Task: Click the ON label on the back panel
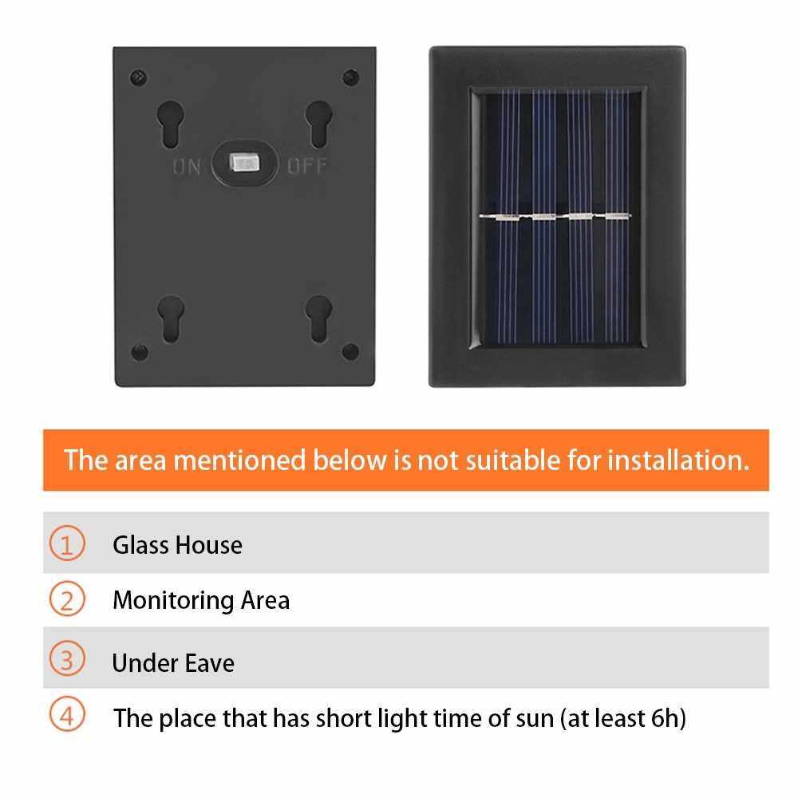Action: [187, 167]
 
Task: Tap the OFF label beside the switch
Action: [307, 166]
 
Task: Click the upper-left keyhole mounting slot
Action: [171, 124]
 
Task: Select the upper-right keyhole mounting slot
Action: [319, 124]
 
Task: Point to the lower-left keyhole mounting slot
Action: [171, 319]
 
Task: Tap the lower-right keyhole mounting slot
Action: [318, 319]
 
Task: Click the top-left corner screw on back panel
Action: [138, 78]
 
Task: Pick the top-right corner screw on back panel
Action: [350, 78]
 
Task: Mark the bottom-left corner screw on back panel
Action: [140, 352]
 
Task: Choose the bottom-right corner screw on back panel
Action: [350, 351]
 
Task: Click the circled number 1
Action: [67, 543]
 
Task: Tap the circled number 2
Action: [67, 599]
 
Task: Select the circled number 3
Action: [67, 658]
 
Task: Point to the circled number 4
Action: [67, 714]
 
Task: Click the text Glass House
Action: [178, 545]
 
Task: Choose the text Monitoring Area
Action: [202, 601]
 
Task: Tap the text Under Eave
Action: [173, 663]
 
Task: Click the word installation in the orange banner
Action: [678, 460]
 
